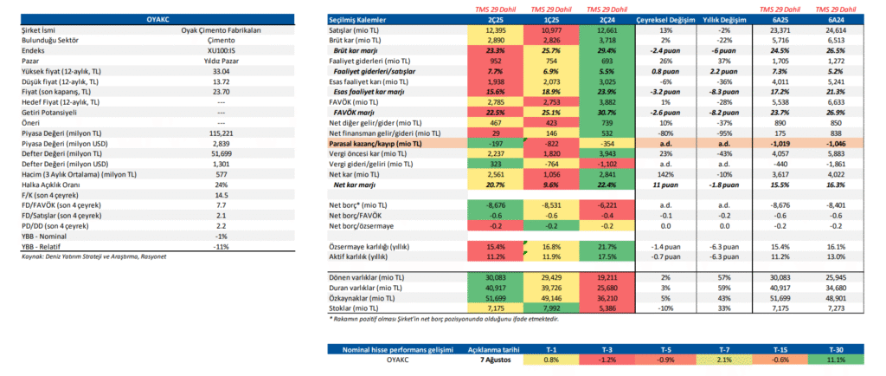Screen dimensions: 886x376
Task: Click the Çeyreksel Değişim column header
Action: [x=664, y=20]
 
